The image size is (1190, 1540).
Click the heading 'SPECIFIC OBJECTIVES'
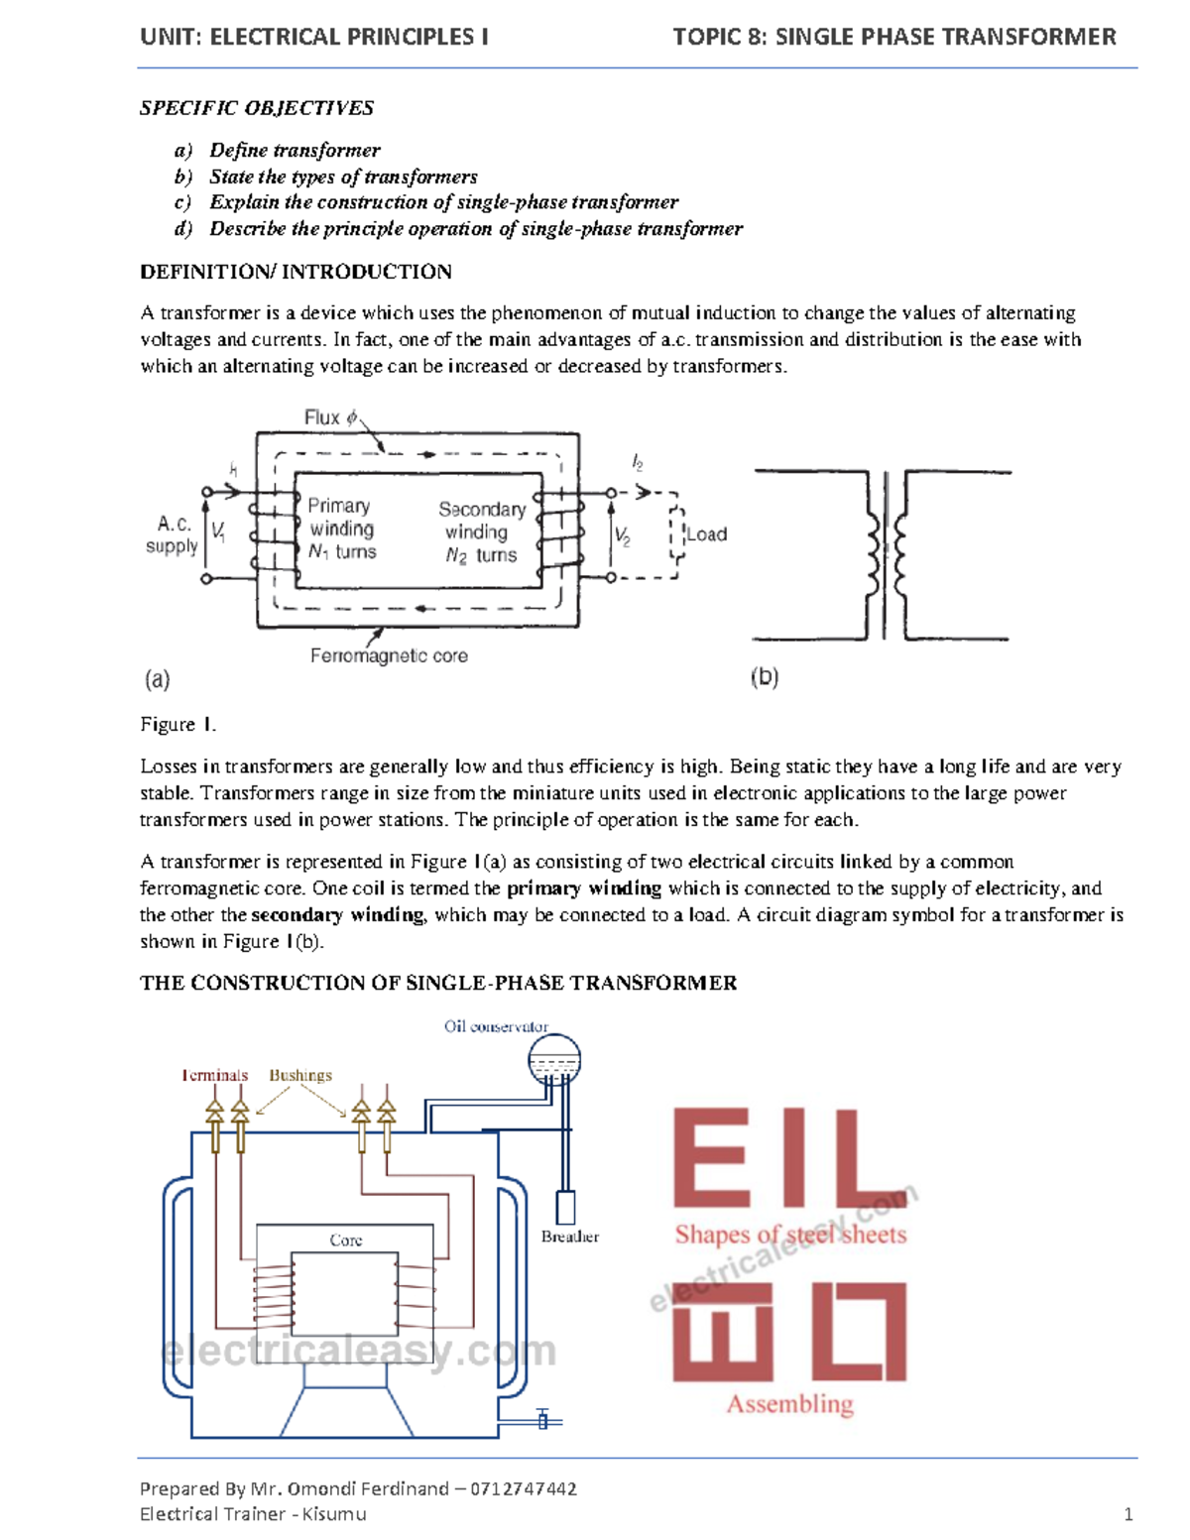257,108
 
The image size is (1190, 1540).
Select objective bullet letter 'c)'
182,202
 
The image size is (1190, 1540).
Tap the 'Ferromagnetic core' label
389,655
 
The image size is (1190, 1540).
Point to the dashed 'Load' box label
707,534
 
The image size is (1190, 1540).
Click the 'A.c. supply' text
173,534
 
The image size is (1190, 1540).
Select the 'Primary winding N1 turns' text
341,530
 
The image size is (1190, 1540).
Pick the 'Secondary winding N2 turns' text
481,533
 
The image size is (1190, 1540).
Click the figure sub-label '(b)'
765,677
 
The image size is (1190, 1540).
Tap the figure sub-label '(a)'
157,679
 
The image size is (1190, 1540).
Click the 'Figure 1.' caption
178,725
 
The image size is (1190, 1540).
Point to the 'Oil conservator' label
496,1026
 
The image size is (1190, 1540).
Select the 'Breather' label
570,1237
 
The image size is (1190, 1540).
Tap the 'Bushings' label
300,1075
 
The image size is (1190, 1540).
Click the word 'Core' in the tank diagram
346,1241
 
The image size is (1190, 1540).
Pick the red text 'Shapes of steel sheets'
790,1235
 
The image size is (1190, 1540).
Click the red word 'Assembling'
789,1404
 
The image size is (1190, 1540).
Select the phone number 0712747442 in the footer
524,1488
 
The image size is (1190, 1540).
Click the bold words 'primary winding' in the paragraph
584,888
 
